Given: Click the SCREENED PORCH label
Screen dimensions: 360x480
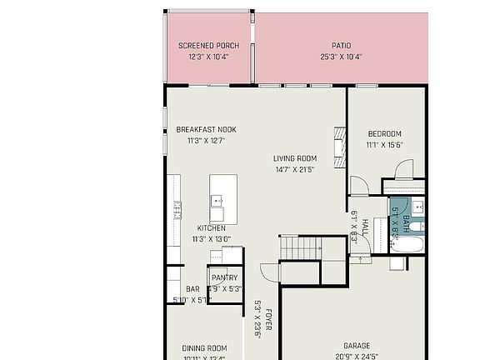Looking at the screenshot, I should click(x=208, y=45).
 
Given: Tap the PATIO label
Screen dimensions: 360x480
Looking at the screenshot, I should click(x=341, y=45).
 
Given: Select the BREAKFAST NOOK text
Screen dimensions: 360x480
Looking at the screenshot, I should click(x=206, y=129).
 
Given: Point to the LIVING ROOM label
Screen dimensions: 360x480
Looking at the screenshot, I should click(x=295, y=158).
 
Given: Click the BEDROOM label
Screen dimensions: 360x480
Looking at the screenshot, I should click(x=384, y=133).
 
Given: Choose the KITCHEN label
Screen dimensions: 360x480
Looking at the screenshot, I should click(x=211, y=227).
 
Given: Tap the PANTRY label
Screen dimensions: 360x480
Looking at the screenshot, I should click(x=224, y=277).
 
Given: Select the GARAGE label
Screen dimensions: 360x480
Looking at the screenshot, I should click(x=357, y=345).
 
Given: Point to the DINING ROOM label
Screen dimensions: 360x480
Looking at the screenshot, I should click(x=204, y=347).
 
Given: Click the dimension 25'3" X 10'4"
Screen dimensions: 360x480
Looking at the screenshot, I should click(x=341, y=57).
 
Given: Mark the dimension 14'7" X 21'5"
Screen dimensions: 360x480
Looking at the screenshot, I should click(x=295, y=170).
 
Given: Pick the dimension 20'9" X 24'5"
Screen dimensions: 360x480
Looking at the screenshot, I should click(x=357, y=356).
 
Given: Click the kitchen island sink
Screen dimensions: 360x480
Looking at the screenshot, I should click(x=217, y=200).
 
